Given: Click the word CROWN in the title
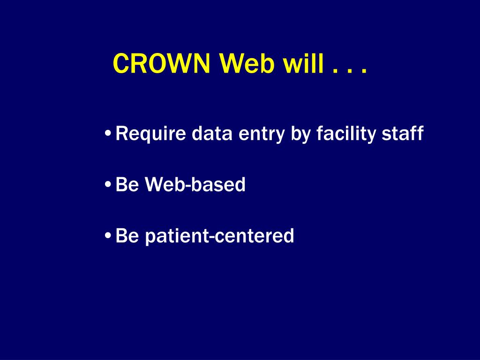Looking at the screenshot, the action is click(161, 63).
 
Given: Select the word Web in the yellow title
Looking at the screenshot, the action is click(247, 63).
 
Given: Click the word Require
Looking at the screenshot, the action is click(150, 134).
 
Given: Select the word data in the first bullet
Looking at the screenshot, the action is click(212, 133).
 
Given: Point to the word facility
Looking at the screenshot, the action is click(346, 134).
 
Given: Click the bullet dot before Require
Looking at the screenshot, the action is click(108, 134).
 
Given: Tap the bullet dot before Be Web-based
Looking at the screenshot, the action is click(108, 185).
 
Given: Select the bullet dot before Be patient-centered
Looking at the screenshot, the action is click(108, 236).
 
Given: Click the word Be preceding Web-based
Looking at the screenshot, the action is click(127, 184).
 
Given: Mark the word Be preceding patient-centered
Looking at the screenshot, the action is click(127, 235).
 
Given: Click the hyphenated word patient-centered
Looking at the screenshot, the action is click(219, 236).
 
